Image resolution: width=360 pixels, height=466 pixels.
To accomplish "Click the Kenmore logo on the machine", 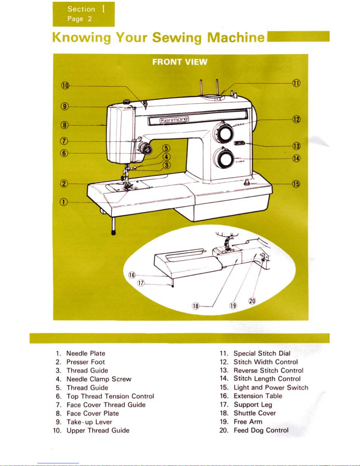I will coord(174,119).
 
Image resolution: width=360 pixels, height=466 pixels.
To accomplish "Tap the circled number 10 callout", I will coord(65,86).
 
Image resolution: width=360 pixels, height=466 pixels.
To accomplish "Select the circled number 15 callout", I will coord(296,184).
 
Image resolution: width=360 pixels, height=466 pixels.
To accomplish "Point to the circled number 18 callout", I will coord(196,306).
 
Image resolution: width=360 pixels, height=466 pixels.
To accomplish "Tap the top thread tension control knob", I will coord(146,150).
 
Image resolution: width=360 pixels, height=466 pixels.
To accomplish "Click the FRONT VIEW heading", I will coord(180,62).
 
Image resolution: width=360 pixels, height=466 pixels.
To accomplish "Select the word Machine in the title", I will coord(235,38).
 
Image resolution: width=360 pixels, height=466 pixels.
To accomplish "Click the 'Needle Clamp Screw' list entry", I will coord(99,379).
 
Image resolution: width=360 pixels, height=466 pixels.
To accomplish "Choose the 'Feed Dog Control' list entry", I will coord(261,430).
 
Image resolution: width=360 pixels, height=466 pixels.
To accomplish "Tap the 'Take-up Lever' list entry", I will coord(89,422).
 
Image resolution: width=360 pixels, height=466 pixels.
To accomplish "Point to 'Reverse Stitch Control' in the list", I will coord(268,370).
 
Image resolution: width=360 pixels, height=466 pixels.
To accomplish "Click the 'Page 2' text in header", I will coord(80,19).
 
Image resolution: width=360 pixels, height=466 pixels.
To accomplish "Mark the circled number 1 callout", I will coord(64,202).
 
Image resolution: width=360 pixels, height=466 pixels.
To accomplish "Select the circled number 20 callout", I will coord(252,301).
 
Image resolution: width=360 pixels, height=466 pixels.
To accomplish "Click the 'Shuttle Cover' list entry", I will coord(254,413).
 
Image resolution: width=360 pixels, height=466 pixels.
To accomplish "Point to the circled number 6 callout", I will coord(64,153).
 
